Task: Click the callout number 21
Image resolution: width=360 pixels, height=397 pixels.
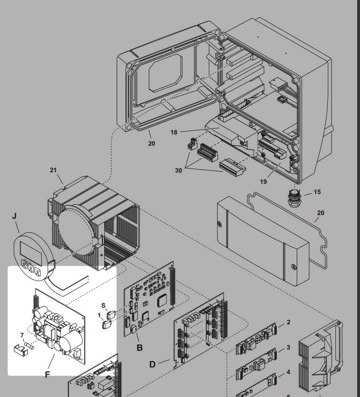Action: [x=53, y=170]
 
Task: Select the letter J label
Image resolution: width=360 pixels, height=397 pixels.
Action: [x=14, y=215]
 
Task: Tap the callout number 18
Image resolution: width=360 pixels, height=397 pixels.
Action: [x=174, y=132]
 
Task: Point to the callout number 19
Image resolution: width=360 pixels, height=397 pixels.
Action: [x=263, y=182]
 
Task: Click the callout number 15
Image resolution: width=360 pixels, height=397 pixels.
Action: [x=317, y=192]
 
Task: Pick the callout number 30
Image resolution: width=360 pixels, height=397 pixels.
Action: [x=179, y=171]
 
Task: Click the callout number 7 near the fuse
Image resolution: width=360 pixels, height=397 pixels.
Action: [x=21, y=335]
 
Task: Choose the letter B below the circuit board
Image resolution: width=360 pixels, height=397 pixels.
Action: [x=139, y=347]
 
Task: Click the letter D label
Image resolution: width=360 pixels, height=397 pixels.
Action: [x=152, y=364]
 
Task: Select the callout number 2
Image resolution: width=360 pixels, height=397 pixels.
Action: [x=288, y=323]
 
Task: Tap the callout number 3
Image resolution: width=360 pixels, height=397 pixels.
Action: [x=288, y=347]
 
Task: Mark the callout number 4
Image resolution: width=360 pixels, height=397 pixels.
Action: [x=288, y=372]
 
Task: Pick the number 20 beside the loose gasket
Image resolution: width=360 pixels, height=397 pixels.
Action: [x=320, y=213]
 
